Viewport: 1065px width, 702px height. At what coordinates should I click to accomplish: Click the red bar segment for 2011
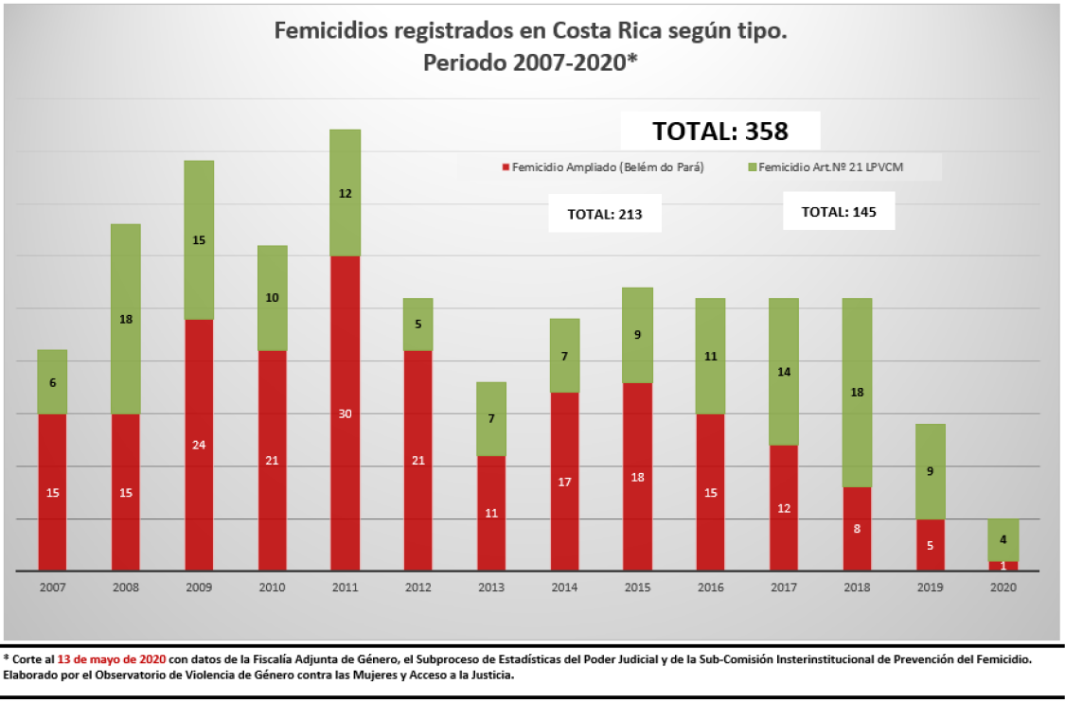(345, 412)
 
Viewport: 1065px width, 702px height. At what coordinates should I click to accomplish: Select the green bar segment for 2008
(125, 319)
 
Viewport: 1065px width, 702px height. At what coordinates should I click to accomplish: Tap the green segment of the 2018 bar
(857, 392)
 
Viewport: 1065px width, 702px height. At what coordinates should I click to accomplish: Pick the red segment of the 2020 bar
(1003, 566)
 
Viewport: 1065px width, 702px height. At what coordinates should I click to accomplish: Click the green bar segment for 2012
(417, 325)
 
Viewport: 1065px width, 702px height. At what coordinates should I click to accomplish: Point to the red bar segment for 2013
(491, 513)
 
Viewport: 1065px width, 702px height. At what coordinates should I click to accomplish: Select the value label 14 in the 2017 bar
(784, 372)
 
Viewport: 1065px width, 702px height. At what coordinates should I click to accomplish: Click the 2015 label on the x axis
(637, 588)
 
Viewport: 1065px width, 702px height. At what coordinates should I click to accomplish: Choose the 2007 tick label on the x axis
(53, 588)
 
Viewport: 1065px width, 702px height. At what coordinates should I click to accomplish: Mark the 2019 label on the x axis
(930, 588)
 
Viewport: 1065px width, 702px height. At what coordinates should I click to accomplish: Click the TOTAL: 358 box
(720, 131)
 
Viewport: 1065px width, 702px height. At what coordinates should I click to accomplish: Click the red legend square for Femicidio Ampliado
(506, 168)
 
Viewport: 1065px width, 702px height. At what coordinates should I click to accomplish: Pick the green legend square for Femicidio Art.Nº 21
(752, 168)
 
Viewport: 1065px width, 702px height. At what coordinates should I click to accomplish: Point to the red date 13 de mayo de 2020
(112, 658)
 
